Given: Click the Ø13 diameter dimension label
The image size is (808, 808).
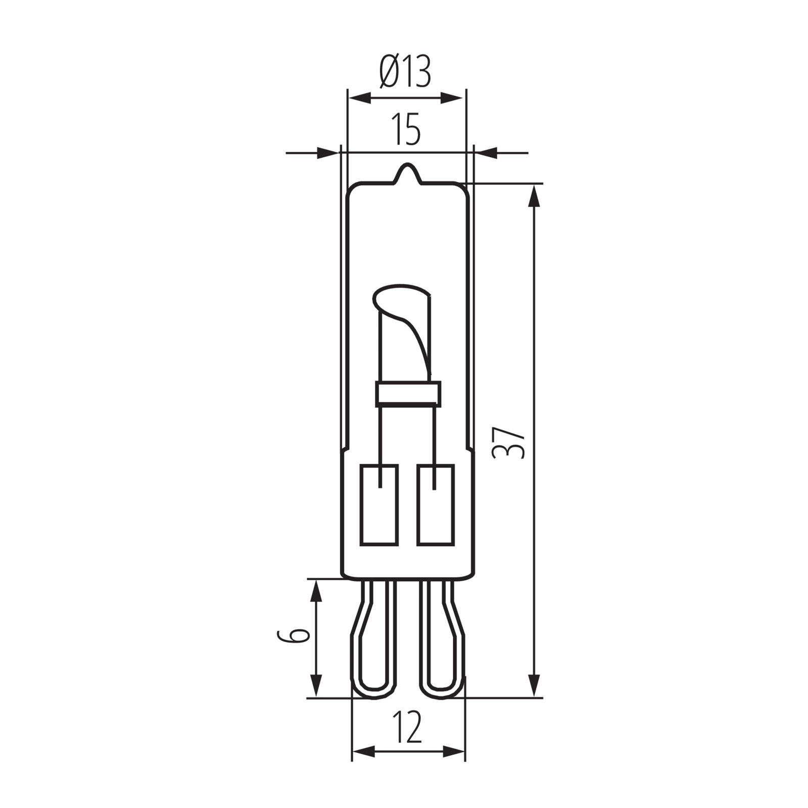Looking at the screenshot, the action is [405, 72].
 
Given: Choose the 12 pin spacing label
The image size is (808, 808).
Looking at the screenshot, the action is [407, 728].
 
